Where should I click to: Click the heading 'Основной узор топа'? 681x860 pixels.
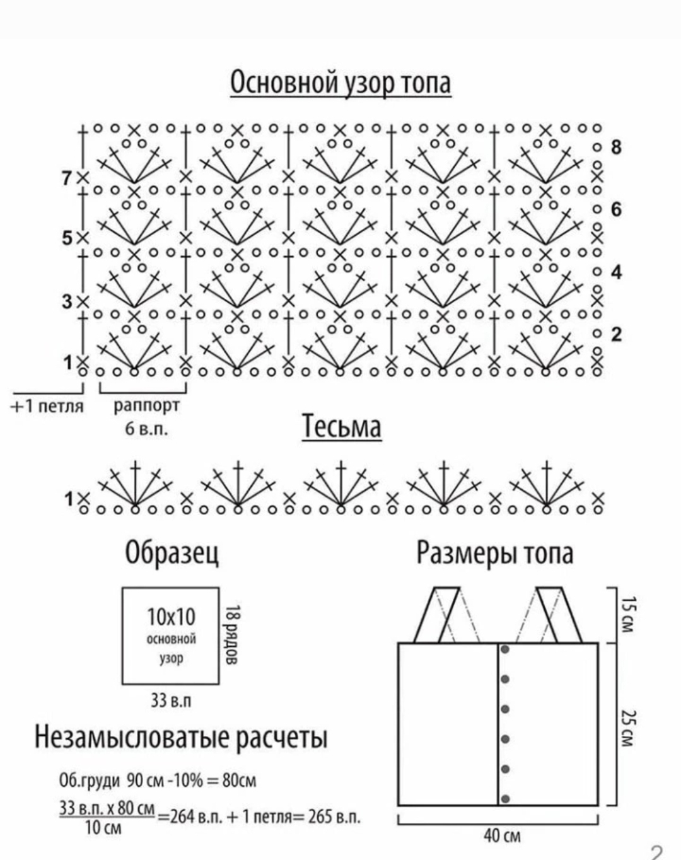point(340,83)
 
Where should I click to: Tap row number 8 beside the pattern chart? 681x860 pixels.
point(616,148)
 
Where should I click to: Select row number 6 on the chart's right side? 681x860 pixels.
point(616,209)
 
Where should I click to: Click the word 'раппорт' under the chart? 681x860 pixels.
point(146,405)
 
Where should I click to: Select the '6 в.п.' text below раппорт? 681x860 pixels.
point(147,429)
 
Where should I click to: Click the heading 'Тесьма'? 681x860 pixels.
point(342,426)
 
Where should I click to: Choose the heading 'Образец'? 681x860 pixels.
point(172,552)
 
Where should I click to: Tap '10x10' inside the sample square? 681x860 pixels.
point(171,616)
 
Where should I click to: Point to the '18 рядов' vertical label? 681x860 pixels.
point(232,635)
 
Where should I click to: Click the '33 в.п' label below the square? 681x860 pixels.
point(170,700)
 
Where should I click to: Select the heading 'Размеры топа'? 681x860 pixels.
point(495,552)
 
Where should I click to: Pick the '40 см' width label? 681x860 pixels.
point(502,836)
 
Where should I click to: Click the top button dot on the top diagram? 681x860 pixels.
point(504,649)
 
